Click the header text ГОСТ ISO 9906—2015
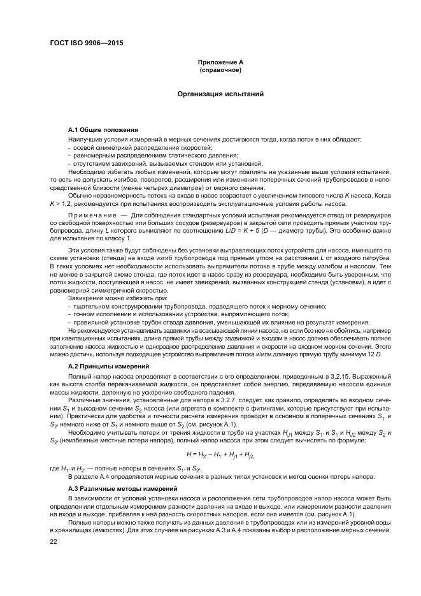(85, 43)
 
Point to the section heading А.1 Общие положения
(103, 129)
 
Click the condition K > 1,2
(62, 204)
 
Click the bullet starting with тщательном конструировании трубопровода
(199, 306)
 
